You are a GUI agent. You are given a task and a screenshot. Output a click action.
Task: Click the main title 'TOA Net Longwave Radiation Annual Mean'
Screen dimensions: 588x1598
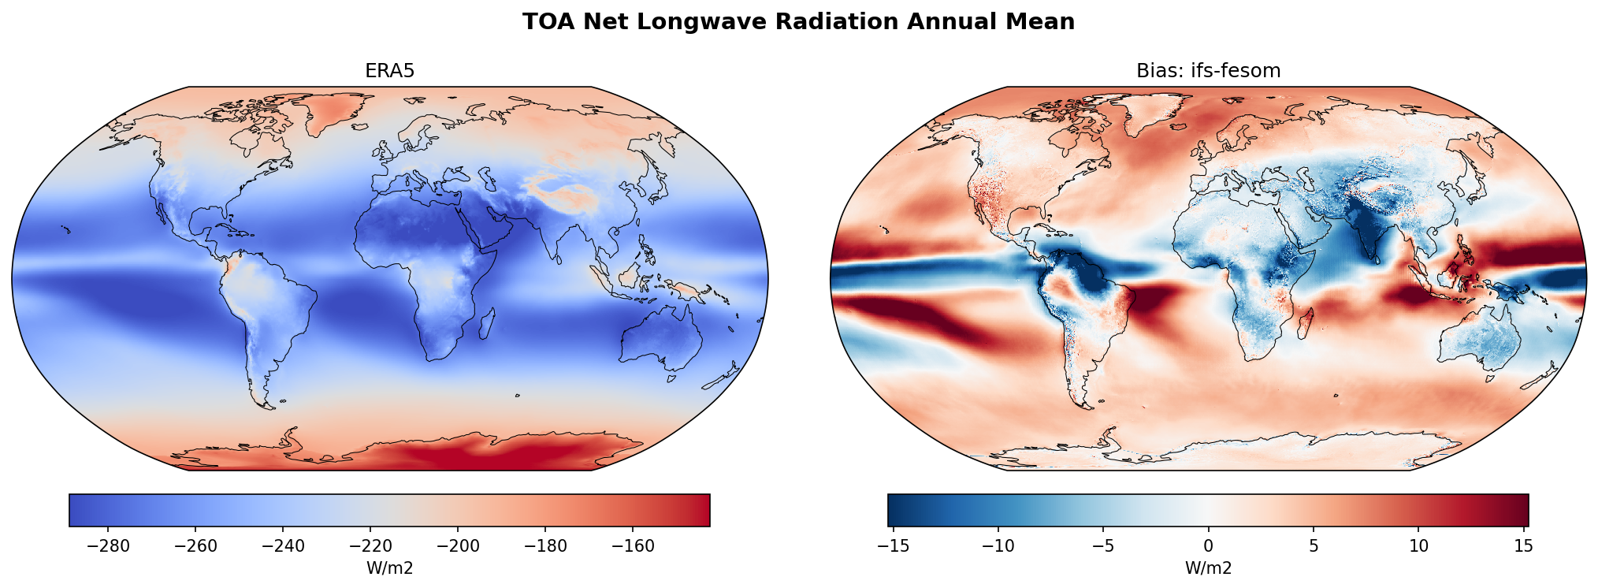(x=798, y=22)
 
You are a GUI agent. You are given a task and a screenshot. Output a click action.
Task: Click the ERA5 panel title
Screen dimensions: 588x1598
(x=389, y=71)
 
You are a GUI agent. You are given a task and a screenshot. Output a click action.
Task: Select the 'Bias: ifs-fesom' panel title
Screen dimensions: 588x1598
(x=1208, y=71)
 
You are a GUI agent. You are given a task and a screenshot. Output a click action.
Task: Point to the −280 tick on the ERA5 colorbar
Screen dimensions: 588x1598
(x=109, y=546)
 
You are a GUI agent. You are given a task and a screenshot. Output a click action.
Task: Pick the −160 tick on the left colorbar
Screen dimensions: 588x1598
(x=633, y=546)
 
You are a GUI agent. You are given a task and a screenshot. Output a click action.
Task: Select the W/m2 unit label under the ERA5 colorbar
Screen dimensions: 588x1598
(x=389, y=568)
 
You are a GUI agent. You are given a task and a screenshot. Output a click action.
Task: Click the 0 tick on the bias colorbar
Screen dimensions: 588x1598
(x=1208, y=546)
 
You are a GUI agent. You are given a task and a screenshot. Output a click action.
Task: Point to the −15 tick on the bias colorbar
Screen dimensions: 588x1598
(x=892, y=546)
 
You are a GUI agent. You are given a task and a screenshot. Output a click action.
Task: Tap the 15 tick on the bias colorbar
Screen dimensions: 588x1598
(x=1523, y=546)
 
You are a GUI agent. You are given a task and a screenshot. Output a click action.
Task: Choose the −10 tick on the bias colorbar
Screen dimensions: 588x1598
(x=998, y=546)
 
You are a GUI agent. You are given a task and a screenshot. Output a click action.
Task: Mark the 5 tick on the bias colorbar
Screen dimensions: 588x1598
(x=1314, y=546)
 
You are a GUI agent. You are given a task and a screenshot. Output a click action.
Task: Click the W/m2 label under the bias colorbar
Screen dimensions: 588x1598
(x=1208, y=568)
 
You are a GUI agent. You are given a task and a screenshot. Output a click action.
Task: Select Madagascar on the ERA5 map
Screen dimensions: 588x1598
(x=487, y=324)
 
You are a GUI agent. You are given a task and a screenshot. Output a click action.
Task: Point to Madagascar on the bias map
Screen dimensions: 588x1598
(x=1306, y=324)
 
